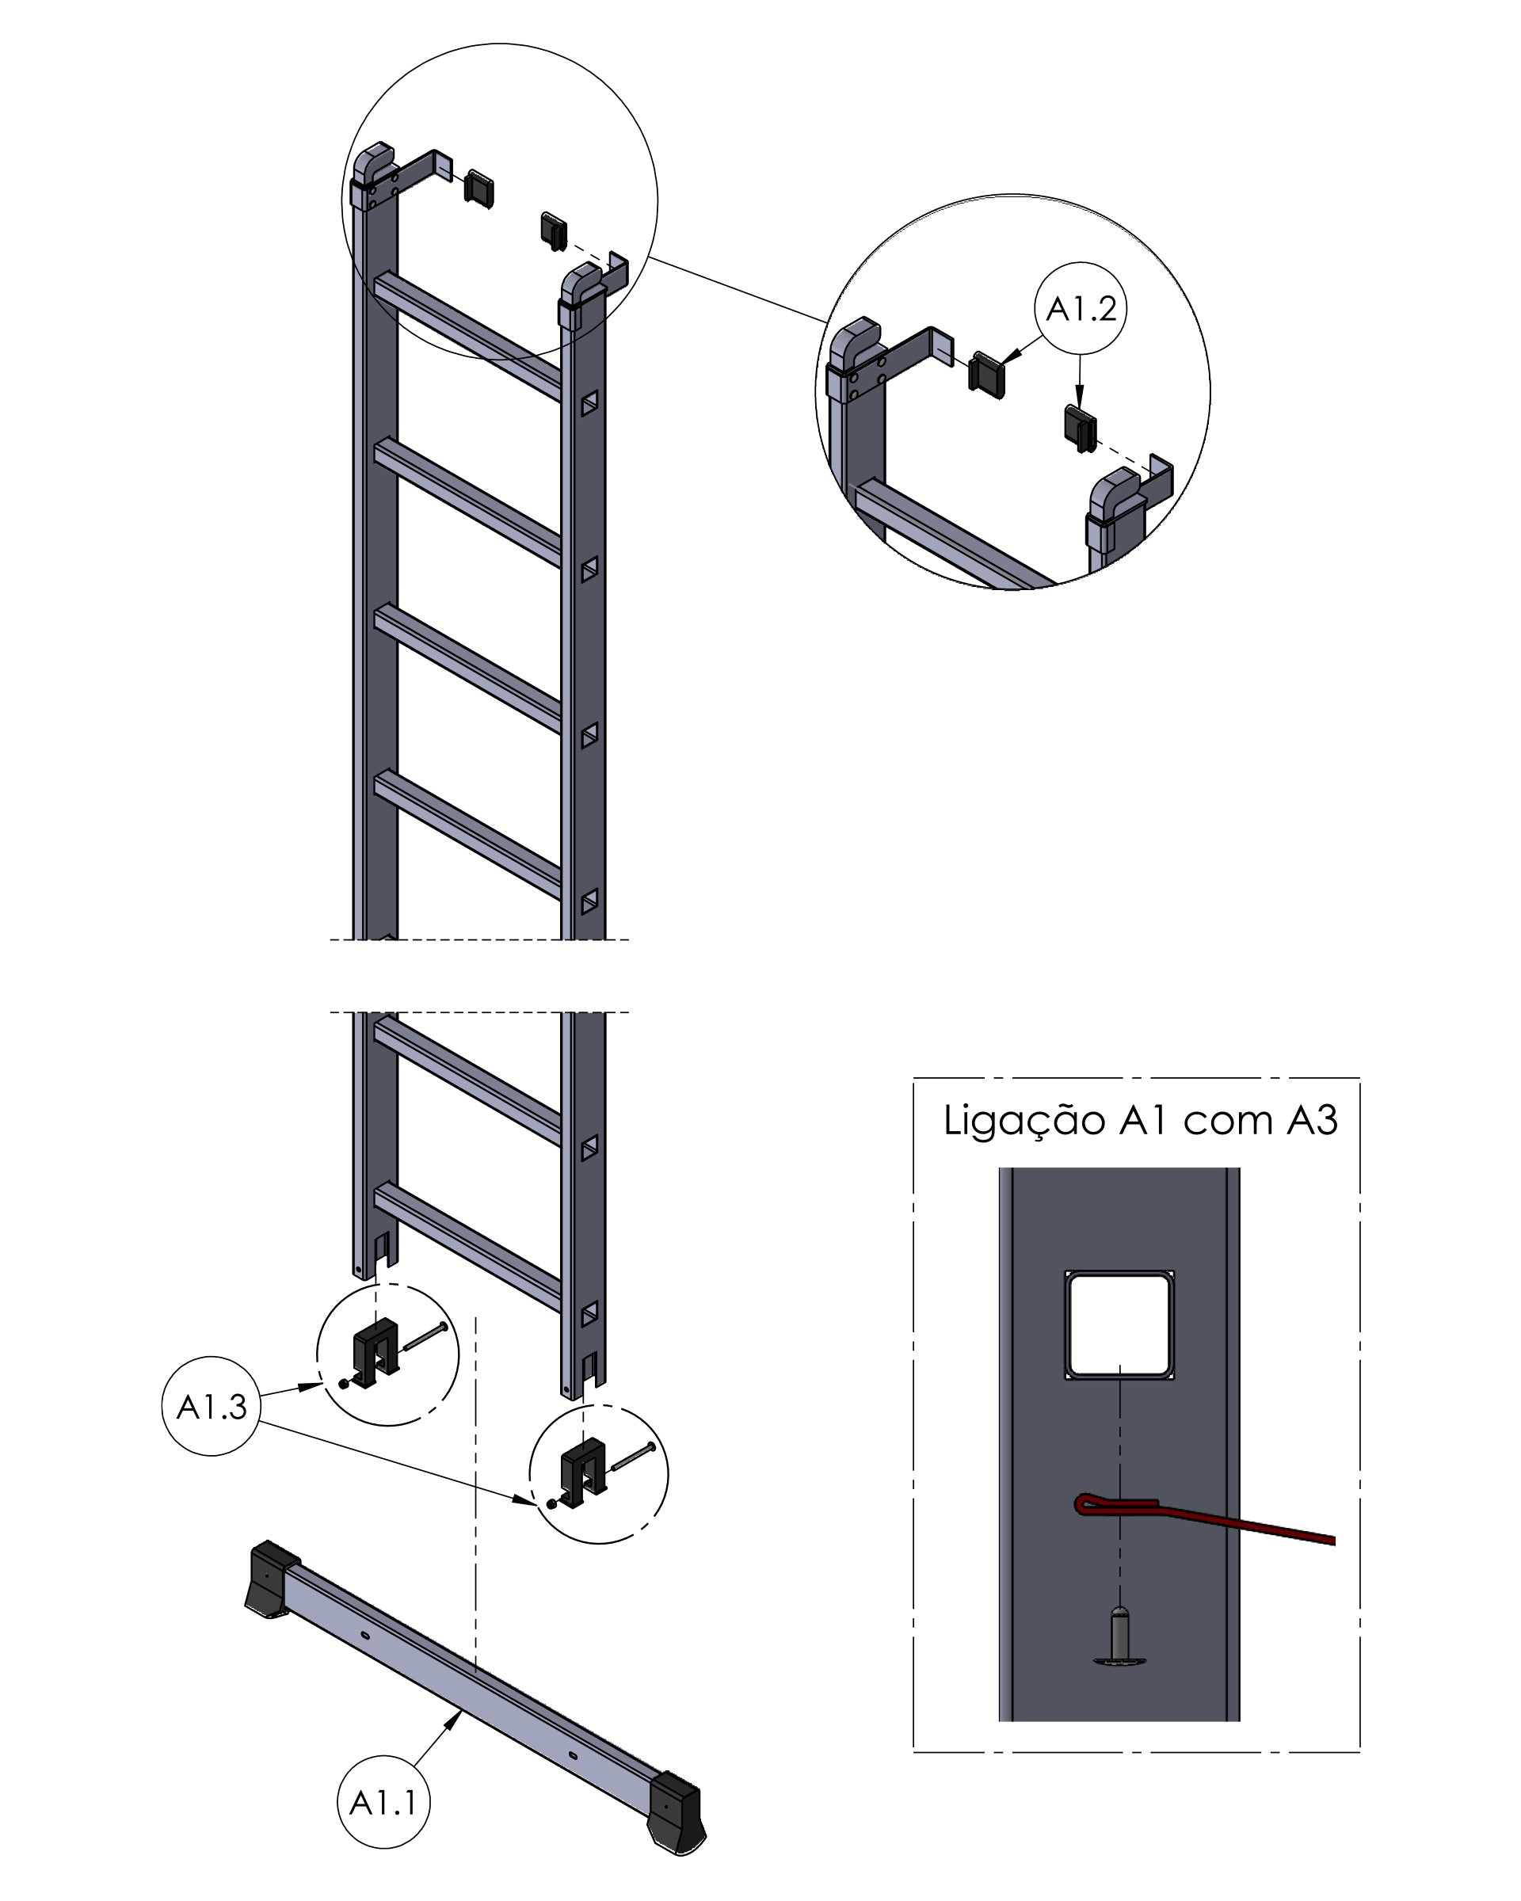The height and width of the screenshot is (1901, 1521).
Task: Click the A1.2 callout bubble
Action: pyautogui.click(x=1079, y=309)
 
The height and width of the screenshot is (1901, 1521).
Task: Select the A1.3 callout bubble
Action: pyautogui.click(x=211, y=1407)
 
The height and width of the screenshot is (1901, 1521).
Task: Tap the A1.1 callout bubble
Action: pyautogui.click(x=383, y=1802)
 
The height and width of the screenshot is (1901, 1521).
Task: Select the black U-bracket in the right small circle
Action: pyautogui.click(x=583, y=1472)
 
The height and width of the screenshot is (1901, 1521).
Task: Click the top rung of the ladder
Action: pyautogui.click(x=467, y=335)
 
